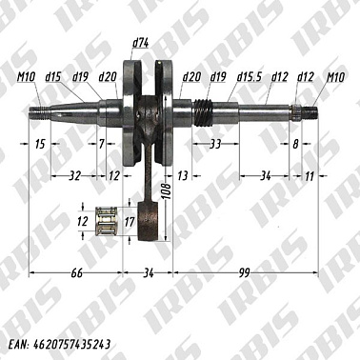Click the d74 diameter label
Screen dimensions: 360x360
pyautogui.click(x=140, y=43)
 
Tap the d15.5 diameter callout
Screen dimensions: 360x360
pyautogui.click(x=250, y=77)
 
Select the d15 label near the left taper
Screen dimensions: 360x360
pyautogui.click(x=53, y=77)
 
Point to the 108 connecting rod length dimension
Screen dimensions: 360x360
pyautogui.click(x=168, y=190)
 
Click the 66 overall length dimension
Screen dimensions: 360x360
pyautogui.click(x=76, y=272)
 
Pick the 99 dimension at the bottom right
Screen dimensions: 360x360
pyautogui.click(x=245, y=272)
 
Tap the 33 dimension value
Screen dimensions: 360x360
pyautogui.click(x=215, y=144)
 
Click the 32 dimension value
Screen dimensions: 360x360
pyautogui.click(x=75, y=175)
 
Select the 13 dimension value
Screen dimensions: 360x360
pyautogui.click(x=183, y=175)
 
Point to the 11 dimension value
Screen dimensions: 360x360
pyautogui.click(x=310, y=176)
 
